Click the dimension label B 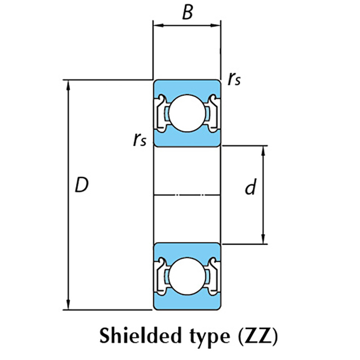click(187, 13)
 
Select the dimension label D click(81, 185)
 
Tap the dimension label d click(251, 187)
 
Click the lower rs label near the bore click(140, 140)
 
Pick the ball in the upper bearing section click(187, 113)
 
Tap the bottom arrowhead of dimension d click(263, 240)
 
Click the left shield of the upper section click(160, 113)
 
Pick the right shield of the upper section click(214, 113)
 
